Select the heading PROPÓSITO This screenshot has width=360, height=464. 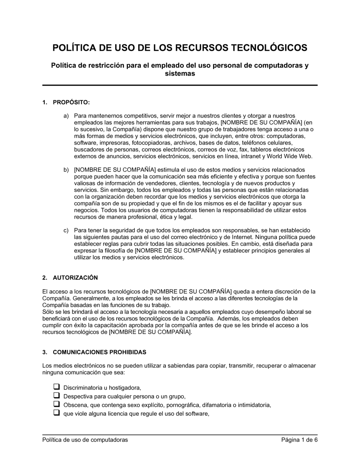[x=71, y=103]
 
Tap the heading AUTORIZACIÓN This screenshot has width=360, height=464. [x=75, y=278]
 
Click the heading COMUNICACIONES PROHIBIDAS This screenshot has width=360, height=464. [x=99, y=352]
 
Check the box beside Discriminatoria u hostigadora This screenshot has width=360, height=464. [x=57, y=387]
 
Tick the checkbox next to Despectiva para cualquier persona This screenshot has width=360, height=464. [x=57, y=396]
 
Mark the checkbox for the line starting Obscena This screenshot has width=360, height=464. [x=57, y=404]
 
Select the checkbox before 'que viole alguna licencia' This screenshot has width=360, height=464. [x=57, y=413]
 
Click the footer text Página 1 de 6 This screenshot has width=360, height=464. [x=299, y=440]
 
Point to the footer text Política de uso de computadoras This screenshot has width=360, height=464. [x=85, y=440]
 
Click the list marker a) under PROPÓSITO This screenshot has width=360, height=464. [x=66, y=116]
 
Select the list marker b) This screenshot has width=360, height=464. [x=66, y=170]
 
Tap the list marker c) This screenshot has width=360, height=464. [x=66, y=230]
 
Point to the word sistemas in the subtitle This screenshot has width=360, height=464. [x=180, y=74]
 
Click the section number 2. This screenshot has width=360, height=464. [x=45, y=278]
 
